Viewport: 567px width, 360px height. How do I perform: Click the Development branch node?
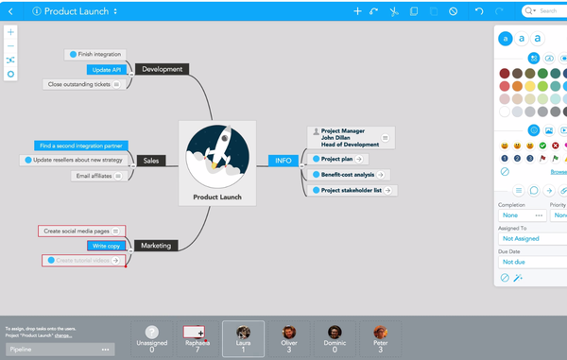click(162, 69)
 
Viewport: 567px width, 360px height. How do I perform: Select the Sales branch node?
click(150, 161)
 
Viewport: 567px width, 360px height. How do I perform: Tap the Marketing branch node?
click(156, 246)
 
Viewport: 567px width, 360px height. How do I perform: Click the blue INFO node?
click(283, 161)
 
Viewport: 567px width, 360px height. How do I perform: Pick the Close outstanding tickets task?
click(83, 84)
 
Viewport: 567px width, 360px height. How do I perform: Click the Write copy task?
click(107, 246)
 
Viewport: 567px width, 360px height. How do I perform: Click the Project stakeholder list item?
click(351, 191)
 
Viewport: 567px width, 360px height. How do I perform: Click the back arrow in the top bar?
click(9, 11)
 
